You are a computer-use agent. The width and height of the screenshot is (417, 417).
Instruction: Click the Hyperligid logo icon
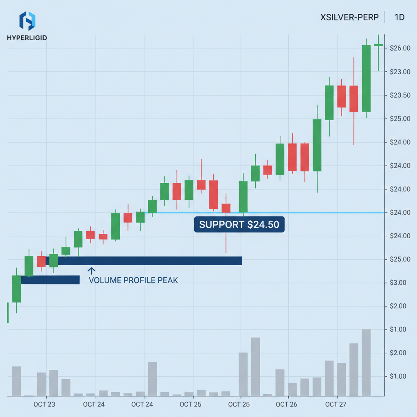coord(27,22)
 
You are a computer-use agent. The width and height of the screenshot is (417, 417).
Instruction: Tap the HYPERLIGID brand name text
coord(27,38)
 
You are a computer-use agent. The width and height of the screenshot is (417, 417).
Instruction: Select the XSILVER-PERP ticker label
coord(349,18)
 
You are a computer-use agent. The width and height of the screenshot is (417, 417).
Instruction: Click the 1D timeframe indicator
coord(399,18)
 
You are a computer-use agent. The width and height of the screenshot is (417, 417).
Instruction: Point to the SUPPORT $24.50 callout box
coord(239,224)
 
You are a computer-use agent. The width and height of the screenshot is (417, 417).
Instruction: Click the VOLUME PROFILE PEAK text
coord(133,280)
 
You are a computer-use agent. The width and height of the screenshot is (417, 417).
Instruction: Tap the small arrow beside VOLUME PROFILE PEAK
coord(91,271)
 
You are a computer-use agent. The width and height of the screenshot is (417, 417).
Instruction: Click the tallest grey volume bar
coord(366,362)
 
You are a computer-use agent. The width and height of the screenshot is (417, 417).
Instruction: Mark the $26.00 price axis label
coord(400,48)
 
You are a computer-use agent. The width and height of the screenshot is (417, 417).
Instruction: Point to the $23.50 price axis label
coord(400,95)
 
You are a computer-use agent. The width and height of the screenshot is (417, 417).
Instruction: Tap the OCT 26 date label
coord(286,404)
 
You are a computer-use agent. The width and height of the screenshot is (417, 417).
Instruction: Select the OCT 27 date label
coord(336,404)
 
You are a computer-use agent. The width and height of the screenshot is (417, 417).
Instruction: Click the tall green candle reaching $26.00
coord(366,78)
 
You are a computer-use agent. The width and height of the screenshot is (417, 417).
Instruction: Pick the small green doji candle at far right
coord(378,45)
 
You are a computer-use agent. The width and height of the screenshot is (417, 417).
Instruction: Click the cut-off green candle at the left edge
coord(8,313)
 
